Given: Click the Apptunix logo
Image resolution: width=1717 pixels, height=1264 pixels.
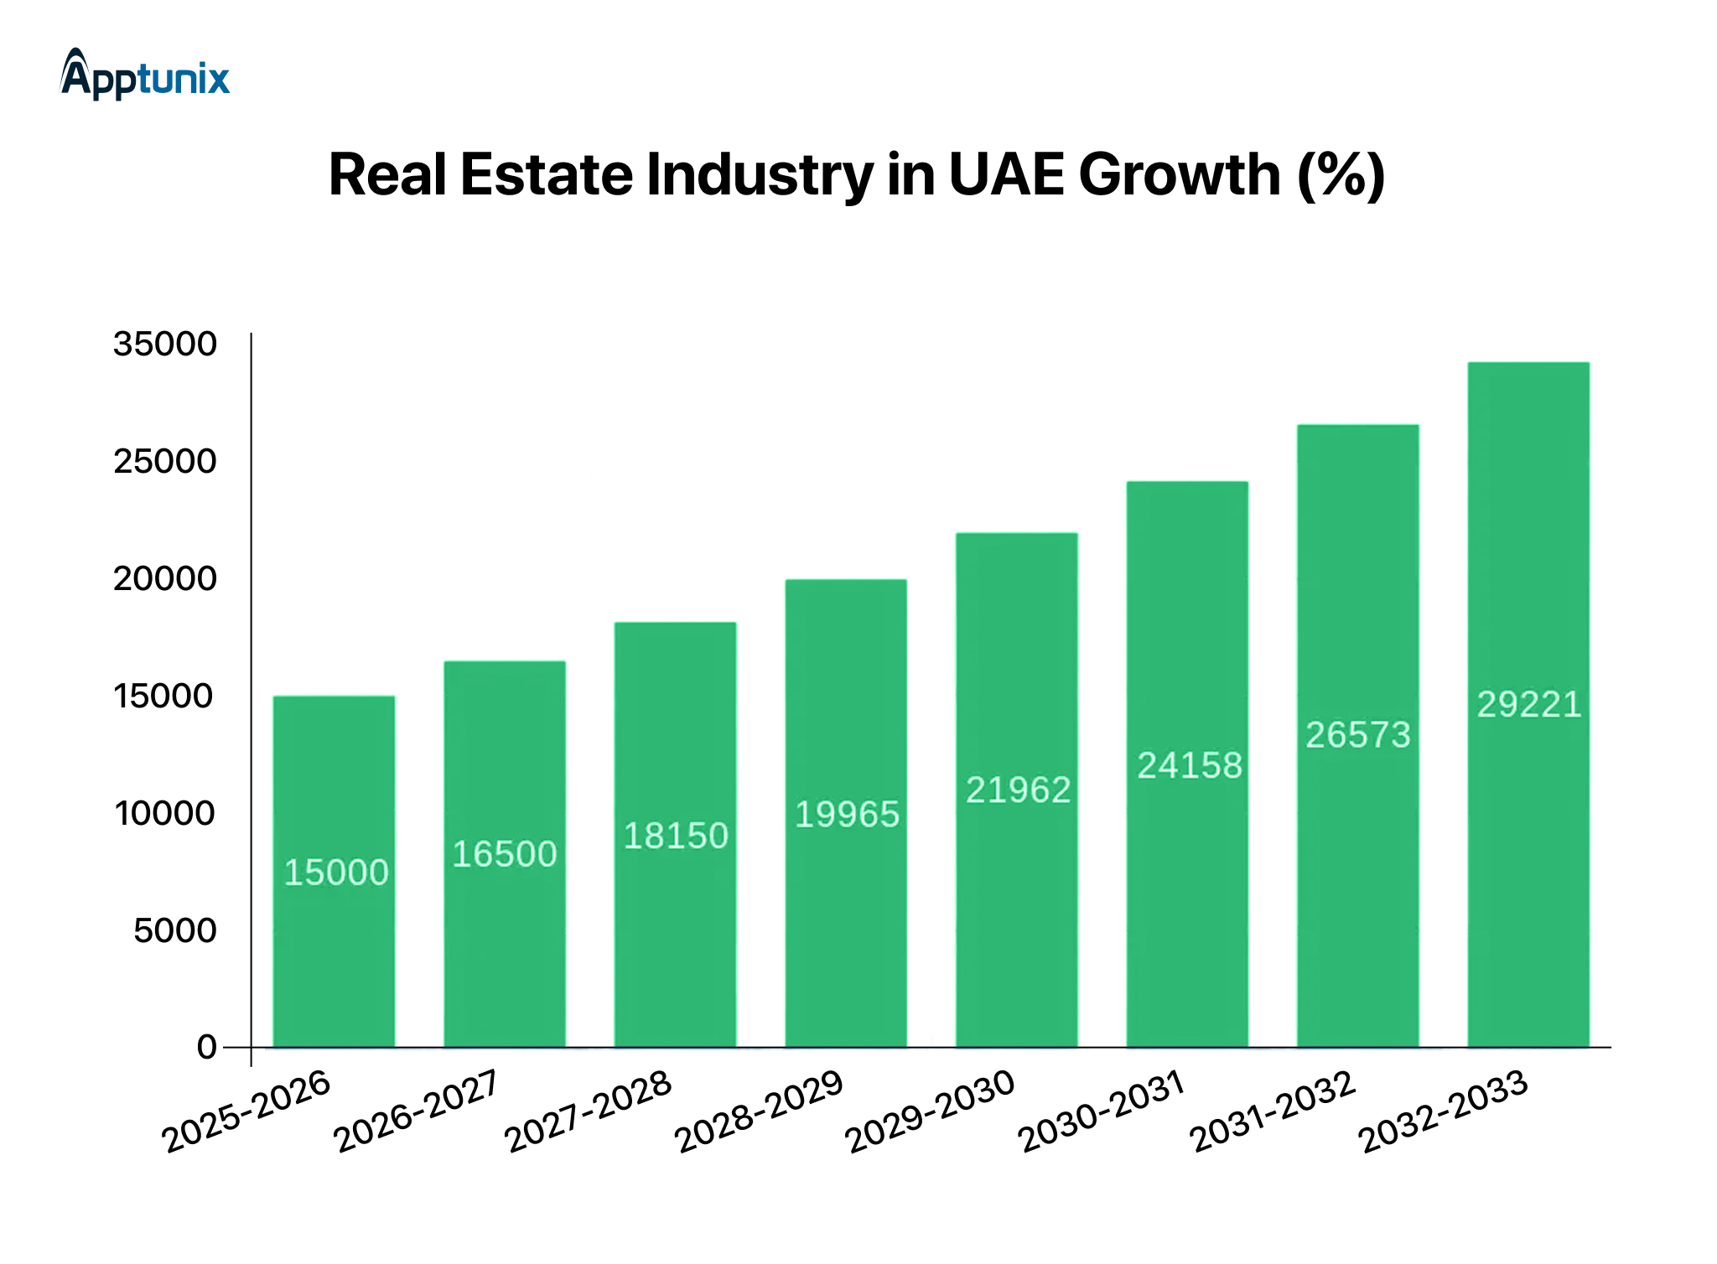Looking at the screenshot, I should [x=145, y=75].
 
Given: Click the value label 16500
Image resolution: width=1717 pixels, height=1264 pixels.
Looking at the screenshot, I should [x=505, y=854].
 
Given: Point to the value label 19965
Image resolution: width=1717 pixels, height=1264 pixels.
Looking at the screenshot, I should [x=847, y=815].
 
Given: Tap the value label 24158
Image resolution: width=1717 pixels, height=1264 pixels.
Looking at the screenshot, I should [x=1189, y=765].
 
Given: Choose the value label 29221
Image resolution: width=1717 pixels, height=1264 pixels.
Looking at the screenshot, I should [x=1528, y=704].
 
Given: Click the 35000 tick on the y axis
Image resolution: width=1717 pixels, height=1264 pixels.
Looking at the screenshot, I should [x=165, y=344].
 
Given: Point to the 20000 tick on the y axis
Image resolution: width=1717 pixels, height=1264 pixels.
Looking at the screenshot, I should [x=165, y=579].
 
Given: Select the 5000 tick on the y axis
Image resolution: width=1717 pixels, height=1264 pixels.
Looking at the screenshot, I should [x=175, y=930].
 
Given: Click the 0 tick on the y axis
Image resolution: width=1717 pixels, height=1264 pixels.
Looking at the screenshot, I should [x=206, y=1048].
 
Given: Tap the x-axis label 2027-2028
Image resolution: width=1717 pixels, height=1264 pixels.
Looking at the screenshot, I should [x=589, y=1112].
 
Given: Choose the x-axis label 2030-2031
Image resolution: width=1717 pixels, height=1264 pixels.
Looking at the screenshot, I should [x=1102, y=1112].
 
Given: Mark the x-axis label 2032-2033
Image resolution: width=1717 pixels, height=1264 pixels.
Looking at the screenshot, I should [x=1444, y=1112].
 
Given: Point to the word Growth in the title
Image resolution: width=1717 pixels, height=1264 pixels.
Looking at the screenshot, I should [x=1179, y=175].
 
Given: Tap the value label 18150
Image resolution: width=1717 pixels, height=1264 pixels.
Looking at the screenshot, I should [x=676, y=836].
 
